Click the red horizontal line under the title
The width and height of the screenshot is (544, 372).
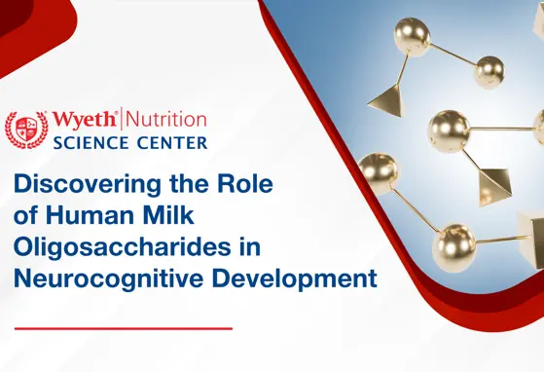click(124, 328)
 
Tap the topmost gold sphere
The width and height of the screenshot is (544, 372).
click(412, 36)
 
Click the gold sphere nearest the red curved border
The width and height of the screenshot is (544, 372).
click(378, 171)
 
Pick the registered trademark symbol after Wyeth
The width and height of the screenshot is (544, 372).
click(120, 113)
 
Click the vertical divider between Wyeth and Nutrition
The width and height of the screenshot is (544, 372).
click(125, 120)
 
